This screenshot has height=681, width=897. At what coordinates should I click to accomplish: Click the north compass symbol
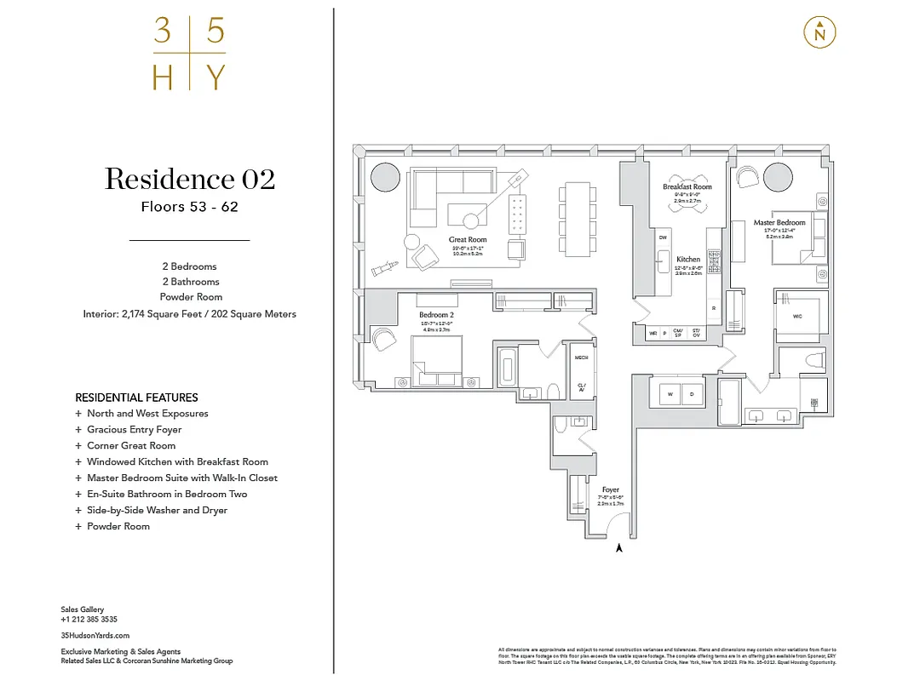pos(819,33)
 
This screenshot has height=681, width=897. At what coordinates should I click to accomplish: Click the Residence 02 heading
pos(190,179)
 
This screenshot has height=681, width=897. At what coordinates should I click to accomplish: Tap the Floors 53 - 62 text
pos(189,207)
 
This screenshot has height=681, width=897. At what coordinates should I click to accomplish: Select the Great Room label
pos(468,240)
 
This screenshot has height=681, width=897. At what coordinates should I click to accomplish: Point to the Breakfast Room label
pos(687,186)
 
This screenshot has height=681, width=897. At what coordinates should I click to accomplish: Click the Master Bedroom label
pos(779,223)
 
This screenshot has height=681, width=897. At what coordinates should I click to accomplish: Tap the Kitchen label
pos(687,259)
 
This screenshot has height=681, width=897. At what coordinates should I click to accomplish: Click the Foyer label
pos(610,489)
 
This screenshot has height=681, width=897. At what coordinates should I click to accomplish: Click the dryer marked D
pos(691,394)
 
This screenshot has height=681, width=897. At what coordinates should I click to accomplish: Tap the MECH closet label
pos(581,358)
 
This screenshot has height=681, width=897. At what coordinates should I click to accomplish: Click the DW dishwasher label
pos(662,238)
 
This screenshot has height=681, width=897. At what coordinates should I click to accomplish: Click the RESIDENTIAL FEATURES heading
pos(136,398)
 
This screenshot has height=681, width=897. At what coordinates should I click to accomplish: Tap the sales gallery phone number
pos(89,620)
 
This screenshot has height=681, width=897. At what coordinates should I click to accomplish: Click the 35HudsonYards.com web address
pos(95,635)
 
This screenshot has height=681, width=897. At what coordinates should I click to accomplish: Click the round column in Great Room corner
pos(385,178)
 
